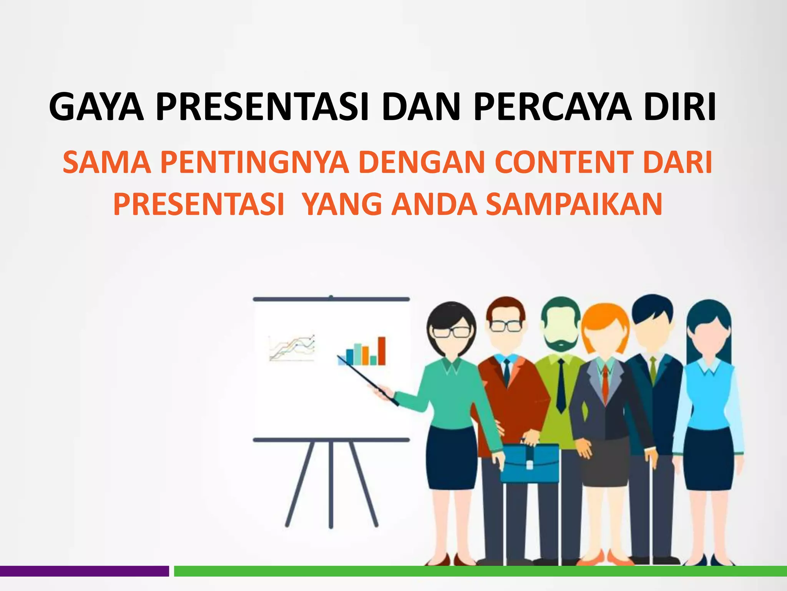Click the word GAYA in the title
coord(96,107)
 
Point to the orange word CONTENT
coord(565,162)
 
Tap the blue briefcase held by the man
coord(530,463)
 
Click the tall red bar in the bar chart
coord(382,351)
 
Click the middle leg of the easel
coord(331,485)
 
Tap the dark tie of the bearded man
coord(561,385)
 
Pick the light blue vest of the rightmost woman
coord(709,396)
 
